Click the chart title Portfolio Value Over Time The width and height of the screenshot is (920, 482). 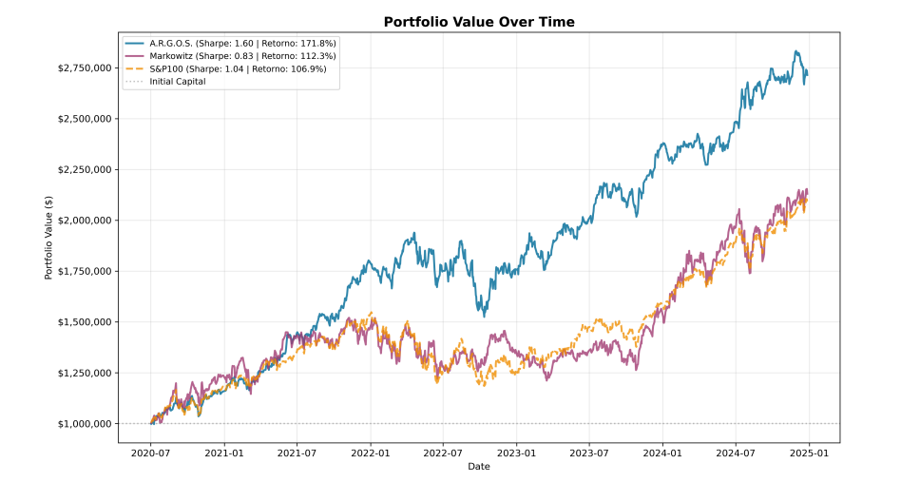click(x=479, y=22)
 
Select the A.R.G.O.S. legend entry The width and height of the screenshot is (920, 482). click(x=231, y=44)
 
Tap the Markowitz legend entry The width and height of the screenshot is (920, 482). click(x=231, y=56)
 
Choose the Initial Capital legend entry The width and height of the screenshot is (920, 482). click(x=165, y=82)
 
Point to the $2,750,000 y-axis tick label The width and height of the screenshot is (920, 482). click(x=85, y=68)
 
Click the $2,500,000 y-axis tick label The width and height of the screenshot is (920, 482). click(x=85, y=119)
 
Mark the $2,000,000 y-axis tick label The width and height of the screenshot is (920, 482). click(x=85, y=221)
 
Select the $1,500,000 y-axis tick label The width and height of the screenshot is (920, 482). click(x=85, y=321)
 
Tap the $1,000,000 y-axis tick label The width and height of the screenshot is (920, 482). click(x=85, y=424)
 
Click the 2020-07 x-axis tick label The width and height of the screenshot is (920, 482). click(x=151, y=453)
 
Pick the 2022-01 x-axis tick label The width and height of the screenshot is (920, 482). click(x=371, y=453)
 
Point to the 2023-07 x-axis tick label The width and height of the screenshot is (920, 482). click(x=589, y=453)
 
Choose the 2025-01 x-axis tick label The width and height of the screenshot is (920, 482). click(x=809, y=453)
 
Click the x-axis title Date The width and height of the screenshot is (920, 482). click(x=479, y=467)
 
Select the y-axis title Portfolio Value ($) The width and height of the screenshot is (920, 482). click(x=48, y=238)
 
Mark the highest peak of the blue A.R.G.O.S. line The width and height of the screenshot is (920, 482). click(x=795, y=51)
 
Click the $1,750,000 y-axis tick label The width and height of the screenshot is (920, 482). click(x=85, y=271)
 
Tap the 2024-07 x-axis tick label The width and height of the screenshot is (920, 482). click(x=736, y=453)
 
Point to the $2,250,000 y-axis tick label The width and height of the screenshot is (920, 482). click(x=85, y=169)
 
